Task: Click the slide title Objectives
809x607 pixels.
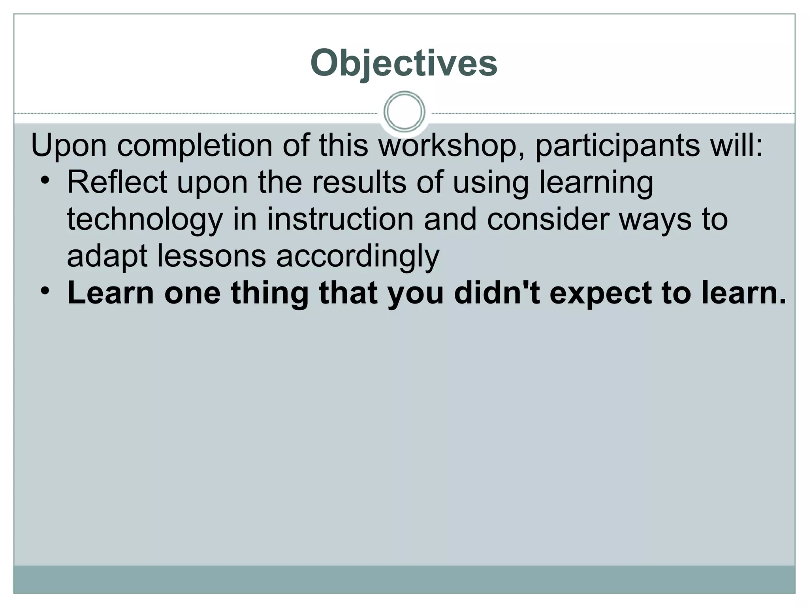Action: tap(404, 63)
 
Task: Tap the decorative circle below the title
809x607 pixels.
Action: tap(404, 112)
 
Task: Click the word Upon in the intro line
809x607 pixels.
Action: tap(69, 145)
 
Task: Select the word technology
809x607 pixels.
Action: tap(145, 220)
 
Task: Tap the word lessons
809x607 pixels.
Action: tap(212, 256)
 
